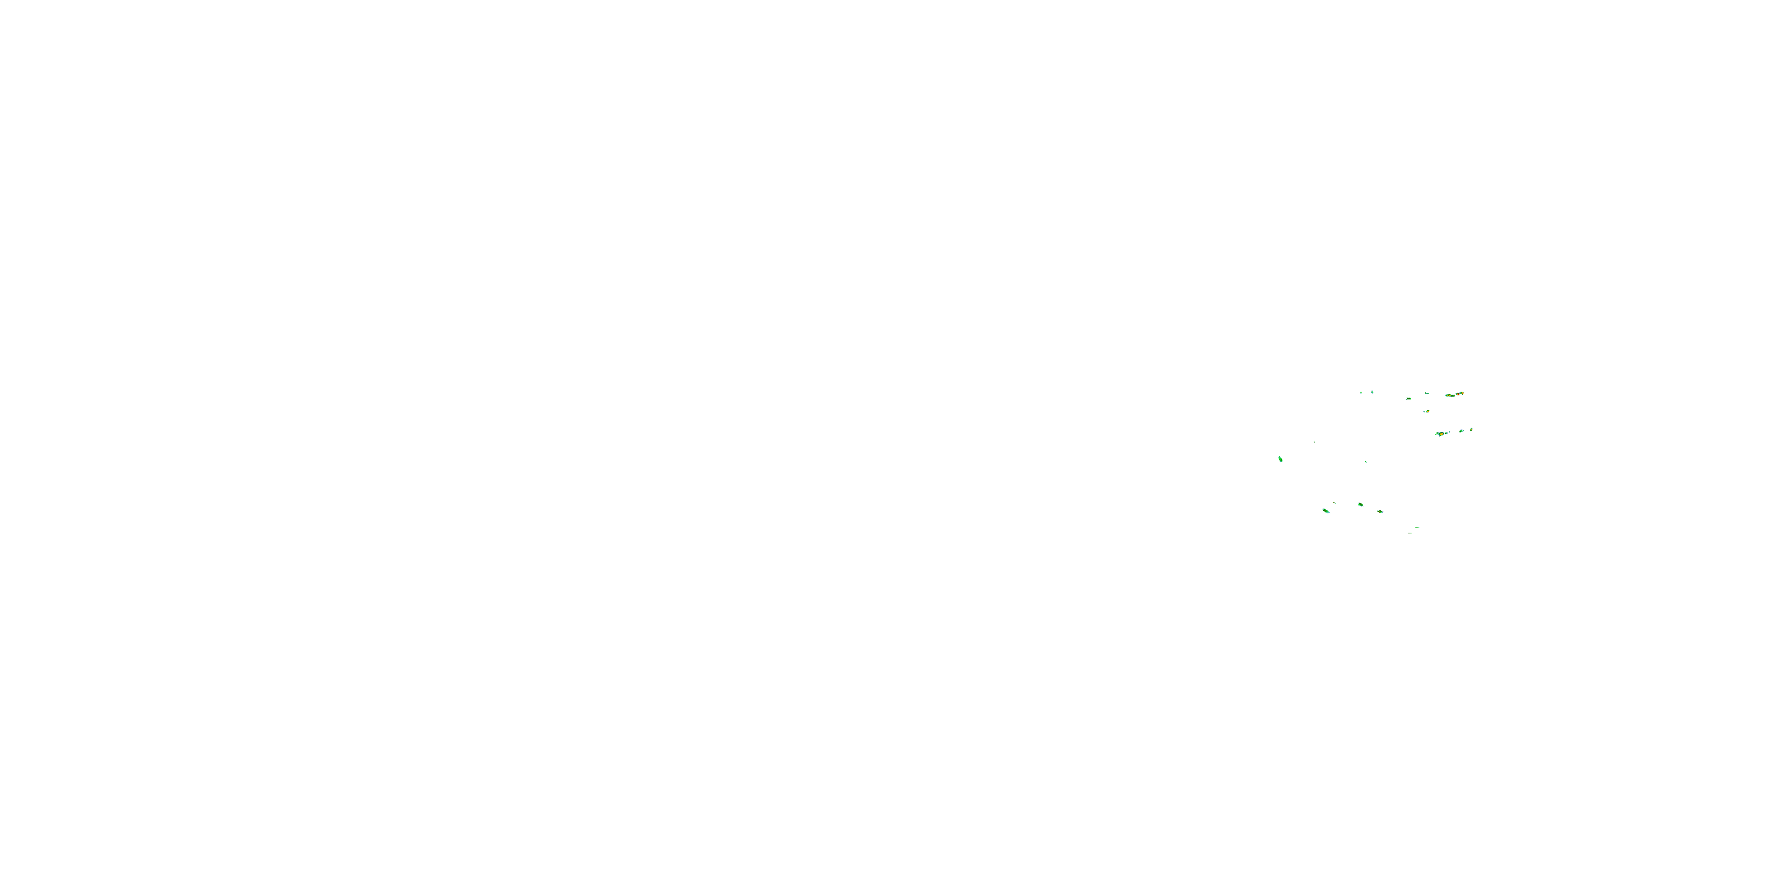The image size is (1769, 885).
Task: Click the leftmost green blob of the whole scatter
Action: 1280,458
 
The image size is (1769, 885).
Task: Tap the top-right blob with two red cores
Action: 1459,394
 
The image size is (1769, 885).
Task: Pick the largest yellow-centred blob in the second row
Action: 1440,434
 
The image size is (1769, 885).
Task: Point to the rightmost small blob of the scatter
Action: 1471,430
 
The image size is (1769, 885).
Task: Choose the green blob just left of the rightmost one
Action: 1462,431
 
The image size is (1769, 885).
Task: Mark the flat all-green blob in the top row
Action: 1409,398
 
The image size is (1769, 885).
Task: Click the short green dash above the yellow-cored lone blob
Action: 1427,393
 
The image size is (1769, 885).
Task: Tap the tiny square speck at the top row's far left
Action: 1361,392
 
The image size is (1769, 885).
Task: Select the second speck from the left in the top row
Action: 1372,392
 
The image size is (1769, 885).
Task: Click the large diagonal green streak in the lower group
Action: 1326,510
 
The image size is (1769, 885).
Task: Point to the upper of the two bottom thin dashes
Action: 1418,527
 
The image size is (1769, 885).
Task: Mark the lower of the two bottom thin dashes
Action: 1410,533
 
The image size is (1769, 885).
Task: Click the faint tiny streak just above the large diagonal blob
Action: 1334,503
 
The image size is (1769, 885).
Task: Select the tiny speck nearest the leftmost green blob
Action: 1314,441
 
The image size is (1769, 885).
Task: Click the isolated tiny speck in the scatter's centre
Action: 1366,462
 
